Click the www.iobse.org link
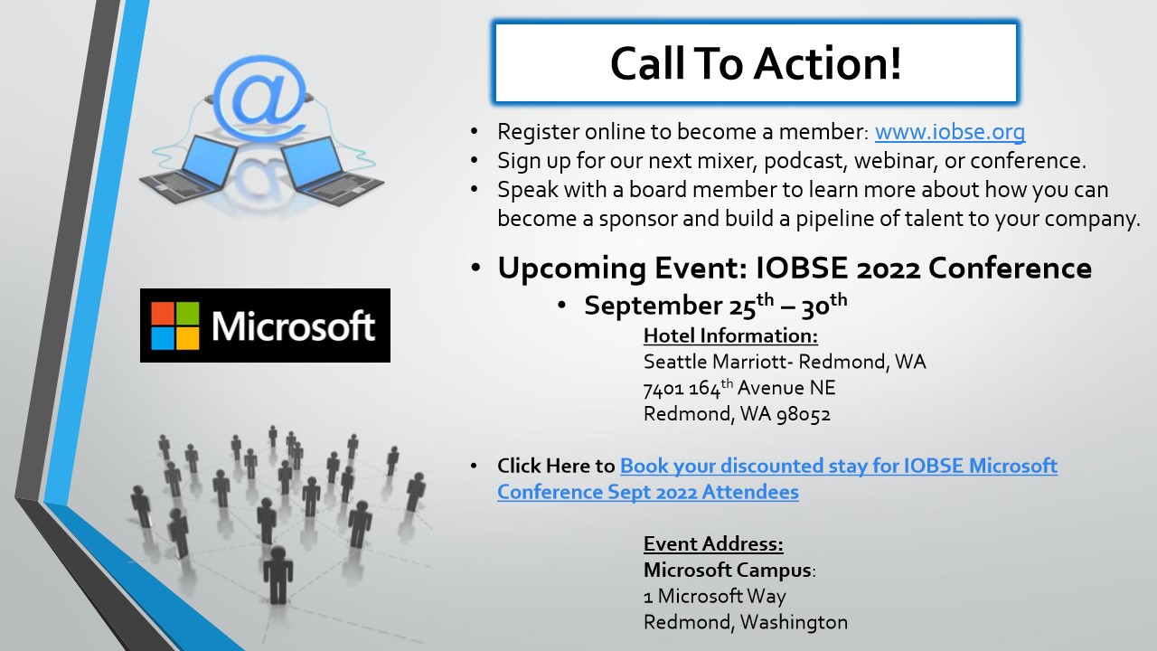pyautogui.click(x=950, y=132)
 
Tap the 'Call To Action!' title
pyautogui.click(x=756, y=63)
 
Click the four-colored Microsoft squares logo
pyautogui.click(x=175, y=325)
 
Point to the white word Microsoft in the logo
pyautogui.click(x=293, y=326)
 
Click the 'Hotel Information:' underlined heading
pyautogui.click(x=731, y=335)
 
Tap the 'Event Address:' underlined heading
pyautogui.click(x=713, y=543)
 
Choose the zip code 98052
pyautogui.click(x=804, y=414)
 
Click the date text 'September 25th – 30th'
pyautogui.click(x=716, y=305)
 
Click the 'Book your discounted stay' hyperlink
pyautogui.click(x=777, y=479)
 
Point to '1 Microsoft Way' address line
pyautogui.click(x=715, y=596)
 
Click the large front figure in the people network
pyautogui.click(x=277, y=574)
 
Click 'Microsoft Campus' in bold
pyautogui.click(x=728, y=570)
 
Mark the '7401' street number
pyautogui.click(x=663, y=389)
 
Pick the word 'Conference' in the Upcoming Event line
pyautogui.click(x=1010, y=268)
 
